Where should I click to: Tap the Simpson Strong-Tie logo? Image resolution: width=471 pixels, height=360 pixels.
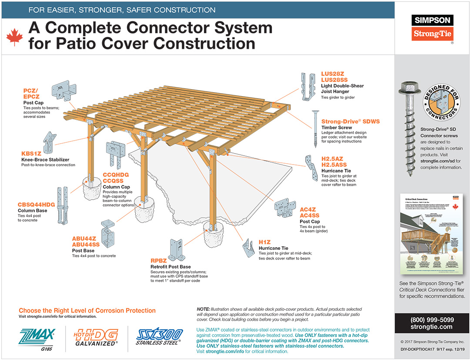(433, 27)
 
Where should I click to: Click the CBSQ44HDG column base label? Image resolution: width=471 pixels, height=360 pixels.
(36, 204)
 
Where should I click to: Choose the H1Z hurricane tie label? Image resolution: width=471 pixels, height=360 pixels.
(264, 242)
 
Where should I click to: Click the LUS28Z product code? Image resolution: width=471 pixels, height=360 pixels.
(333, 74)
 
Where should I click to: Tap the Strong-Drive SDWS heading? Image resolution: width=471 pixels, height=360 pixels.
(351, 121)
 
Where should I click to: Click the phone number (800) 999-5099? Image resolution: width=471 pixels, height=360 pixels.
(432, 319)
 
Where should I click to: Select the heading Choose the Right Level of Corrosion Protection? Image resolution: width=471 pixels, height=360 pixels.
(87, 310)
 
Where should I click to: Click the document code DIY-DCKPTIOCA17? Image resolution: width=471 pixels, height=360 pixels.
(417, 349)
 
